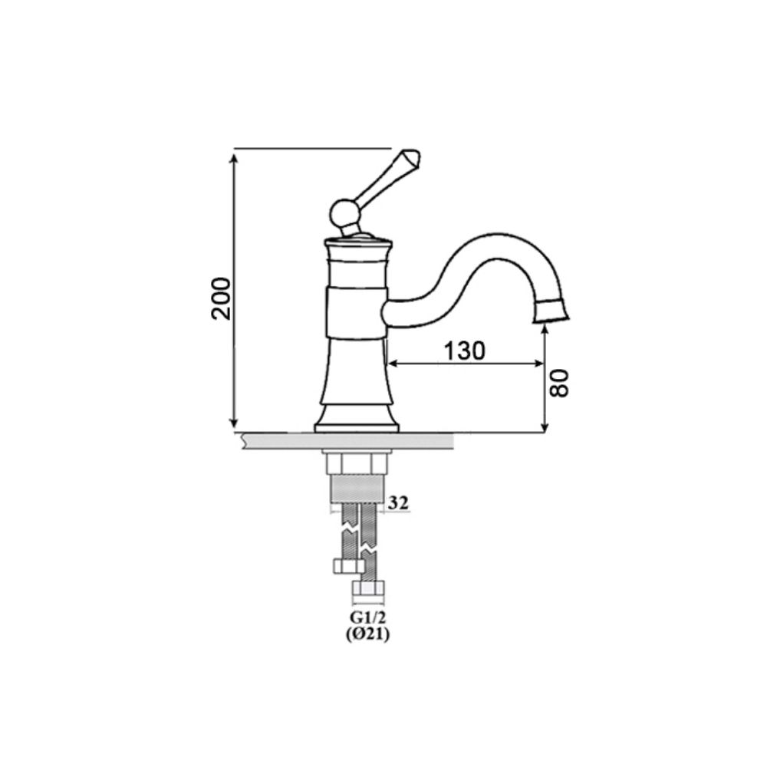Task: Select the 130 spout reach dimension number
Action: pyautogui.click(x=465, y=350)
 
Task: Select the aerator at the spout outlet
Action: pyautogui.click(x=552, y=310)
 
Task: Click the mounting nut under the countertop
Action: pyautogui.click(x=357, y=463)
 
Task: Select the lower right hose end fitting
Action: pyautogui.click(x=370, y=591)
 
